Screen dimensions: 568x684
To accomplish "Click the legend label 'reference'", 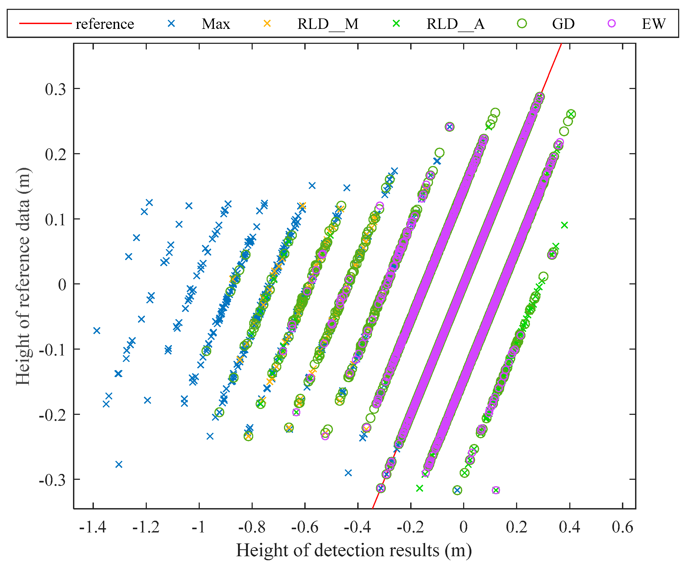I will (105, 24).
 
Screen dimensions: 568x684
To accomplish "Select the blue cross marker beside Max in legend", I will (171, 24).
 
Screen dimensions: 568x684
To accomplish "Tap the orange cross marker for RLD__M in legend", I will (267, 24).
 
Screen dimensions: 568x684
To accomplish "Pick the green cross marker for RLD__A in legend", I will (396, 24).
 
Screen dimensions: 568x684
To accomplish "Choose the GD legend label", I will (563, 24).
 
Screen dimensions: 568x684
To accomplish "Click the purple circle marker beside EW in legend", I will (612, 24).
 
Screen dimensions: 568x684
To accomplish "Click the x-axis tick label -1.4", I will (93, 527).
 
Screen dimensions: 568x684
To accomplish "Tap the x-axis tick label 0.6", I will (622, 527).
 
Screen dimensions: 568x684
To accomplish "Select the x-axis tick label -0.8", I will (252, 527).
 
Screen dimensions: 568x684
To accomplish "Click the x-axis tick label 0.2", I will (517, 527).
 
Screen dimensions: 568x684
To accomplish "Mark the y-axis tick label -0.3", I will (52, 480).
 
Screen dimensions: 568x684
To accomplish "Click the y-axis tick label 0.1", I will (55, 219).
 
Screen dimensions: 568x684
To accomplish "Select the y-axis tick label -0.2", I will (52, 415).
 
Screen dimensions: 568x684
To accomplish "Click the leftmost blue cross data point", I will (97, 331).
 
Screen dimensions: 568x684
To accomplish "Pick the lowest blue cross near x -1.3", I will (119, 464).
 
